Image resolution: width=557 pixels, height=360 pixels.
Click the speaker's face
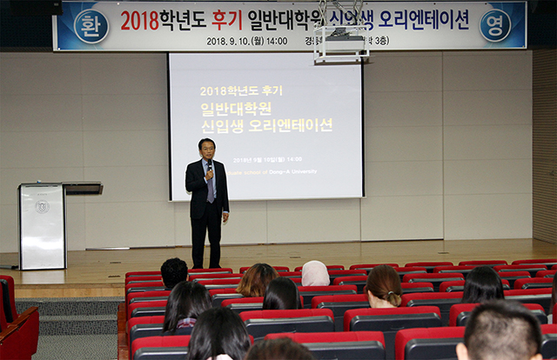point(206,148)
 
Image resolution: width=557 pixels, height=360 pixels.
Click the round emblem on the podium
point(42,207)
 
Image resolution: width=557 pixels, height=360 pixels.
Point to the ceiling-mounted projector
point(340,43)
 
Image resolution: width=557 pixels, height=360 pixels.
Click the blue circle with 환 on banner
point(91,26)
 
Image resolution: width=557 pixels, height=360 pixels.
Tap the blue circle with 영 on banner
point(495,25)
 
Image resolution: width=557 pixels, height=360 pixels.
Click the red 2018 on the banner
point(139,20)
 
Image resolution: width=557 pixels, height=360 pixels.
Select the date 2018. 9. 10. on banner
point(227,41)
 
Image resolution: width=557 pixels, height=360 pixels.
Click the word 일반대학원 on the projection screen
point(236,109)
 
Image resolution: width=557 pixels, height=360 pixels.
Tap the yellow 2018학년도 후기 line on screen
point(241,90)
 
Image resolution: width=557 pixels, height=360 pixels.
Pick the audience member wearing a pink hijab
point(315,274)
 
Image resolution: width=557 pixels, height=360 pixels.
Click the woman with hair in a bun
point(383,287)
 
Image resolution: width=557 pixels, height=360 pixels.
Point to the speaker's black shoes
point(206,265)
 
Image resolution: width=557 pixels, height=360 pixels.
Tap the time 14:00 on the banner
point(276,41)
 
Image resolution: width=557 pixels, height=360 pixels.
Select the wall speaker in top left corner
point(56,6)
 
